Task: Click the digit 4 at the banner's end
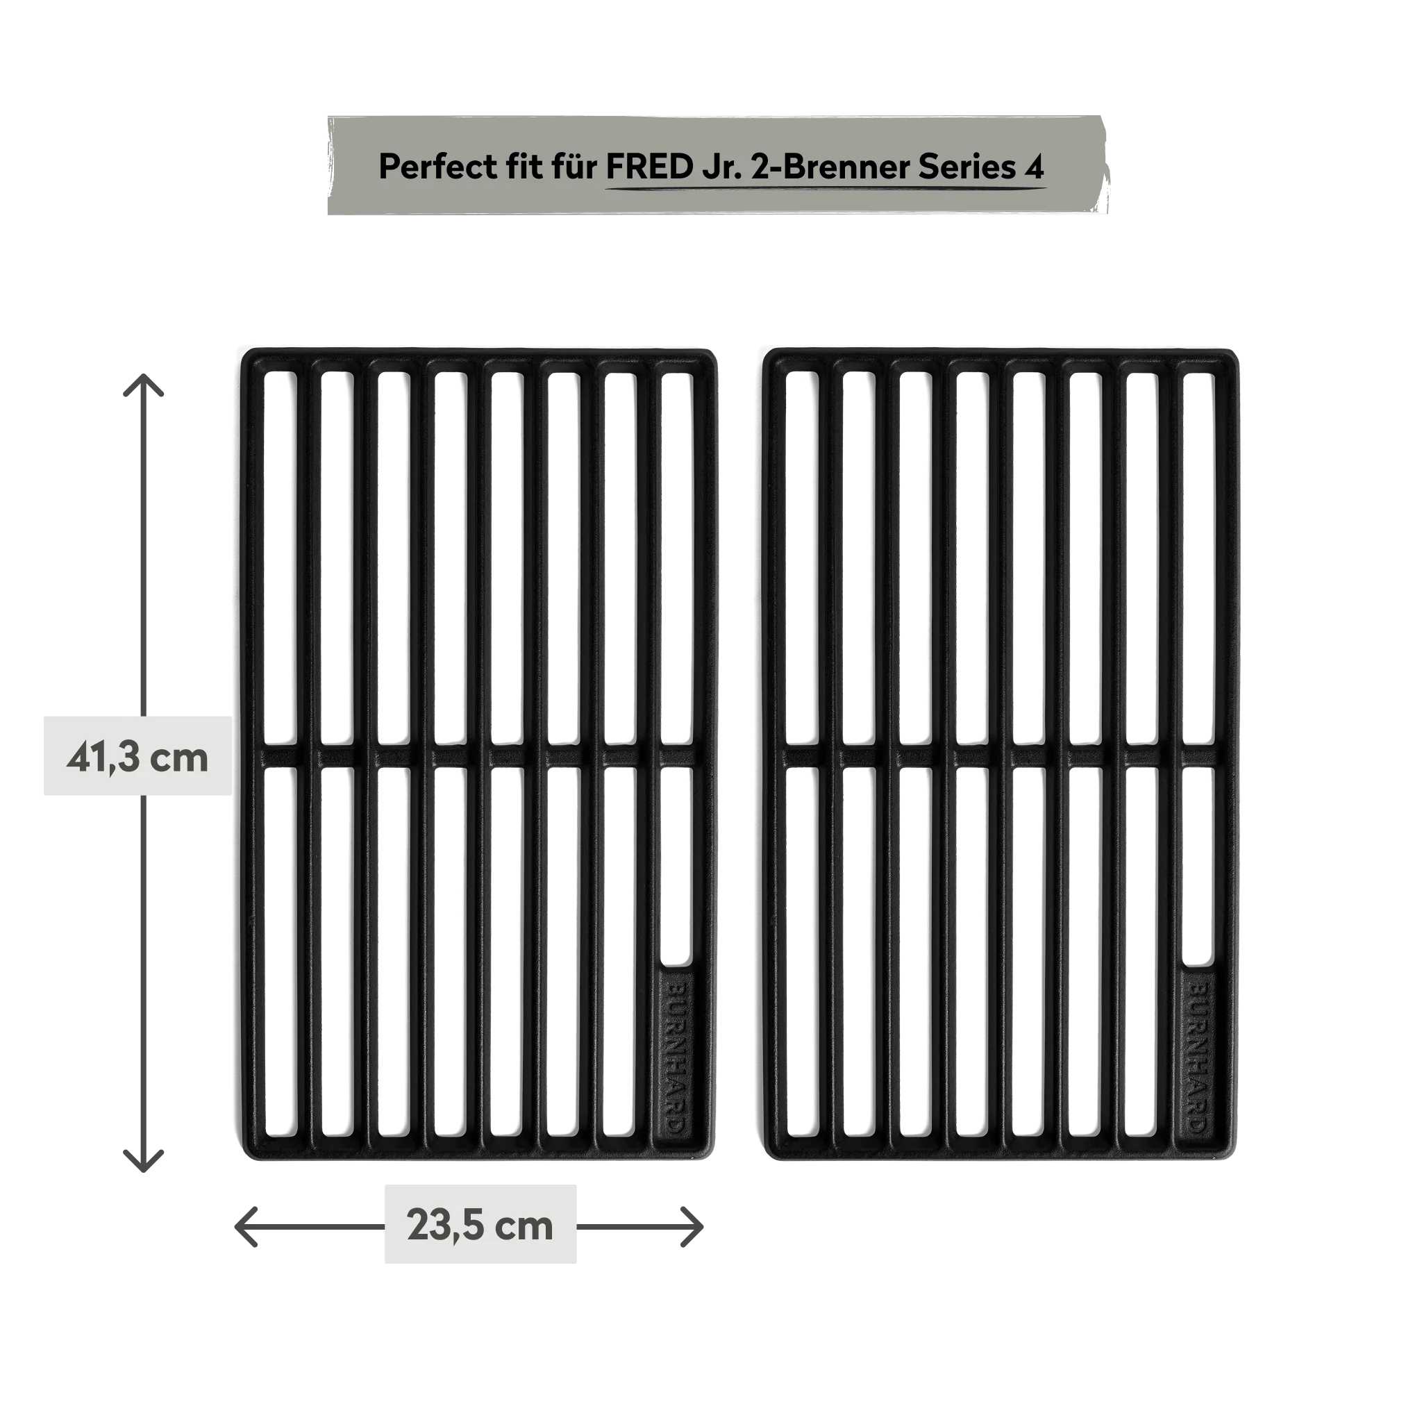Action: [x=1034, y=168]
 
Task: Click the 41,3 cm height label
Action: [x=137, y=757]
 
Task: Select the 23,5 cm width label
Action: [x=480, y=1226]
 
